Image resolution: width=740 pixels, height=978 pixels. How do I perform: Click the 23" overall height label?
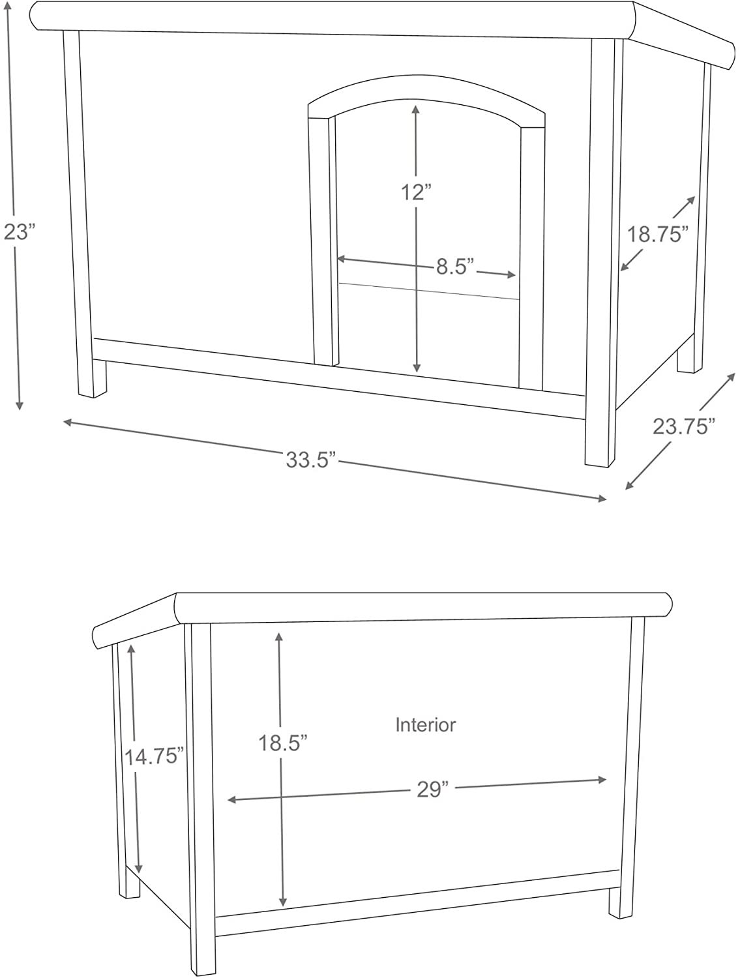click(x=18, y=231)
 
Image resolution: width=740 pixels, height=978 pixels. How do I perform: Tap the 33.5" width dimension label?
click(x=310, y=460)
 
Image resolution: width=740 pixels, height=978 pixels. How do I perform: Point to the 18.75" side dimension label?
click(x=658, y=233)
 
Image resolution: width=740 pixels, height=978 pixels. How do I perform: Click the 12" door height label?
click(x=417, y=192)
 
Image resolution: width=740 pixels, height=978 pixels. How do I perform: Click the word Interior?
click(x=426, y=724)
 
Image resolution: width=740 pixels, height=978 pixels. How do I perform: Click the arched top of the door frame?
click(x=426, y=92)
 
